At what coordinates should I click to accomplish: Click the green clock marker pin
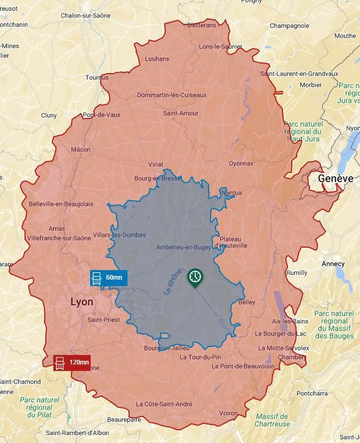click(x=195, y=277)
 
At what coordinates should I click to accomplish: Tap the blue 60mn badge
click(x=109, y=278)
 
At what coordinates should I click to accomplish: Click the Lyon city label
click(x=82, y=302)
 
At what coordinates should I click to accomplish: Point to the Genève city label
click(x=335, y=178)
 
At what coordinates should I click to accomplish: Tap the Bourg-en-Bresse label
click(x=158, y=178)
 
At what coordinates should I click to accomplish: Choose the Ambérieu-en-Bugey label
click(x=183, y=247)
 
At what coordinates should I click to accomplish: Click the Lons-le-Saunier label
click(x=220, y=46)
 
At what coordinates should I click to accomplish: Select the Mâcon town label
click(x=81, y=149)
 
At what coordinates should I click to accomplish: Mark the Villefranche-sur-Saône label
click(x=59, y=238)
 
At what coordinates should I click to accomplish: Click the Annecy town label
click(x=333, y=264)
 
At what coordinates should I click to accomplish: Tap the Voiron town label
click(x=228, y=413)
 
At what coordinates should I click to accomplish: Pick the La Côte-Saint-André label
click(x=164, y=404)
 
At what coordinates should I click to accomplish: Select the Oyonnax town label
click(x=241, y=163)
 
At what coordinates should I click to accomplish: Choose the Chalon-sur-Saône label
click(x=85, y=15)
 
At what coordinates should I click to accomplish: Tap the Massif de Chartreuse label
click(x=271, y=420)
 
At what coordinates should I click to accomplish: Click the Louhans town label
click(x=157, y=59)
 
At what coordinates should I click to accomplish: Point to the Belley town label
click(x=246, y=302)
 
